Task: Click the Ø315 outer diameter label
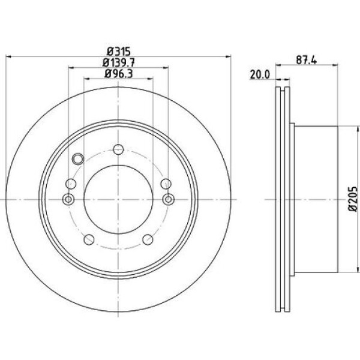click(118, 51)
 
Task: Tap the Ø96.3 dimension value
click(118, 74)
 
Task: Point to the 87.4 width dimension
click(310, 60)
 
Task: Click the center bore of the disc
click(118, 199)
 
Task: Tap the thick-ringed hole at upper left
click(77, 159)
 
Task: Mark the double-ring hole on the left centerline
click(68, 199)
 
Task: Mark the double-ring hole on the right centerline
click(168, 199)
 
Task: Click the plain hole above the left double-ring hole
click(72, 183)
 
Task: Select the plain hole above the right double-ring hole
click(165, 183)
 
